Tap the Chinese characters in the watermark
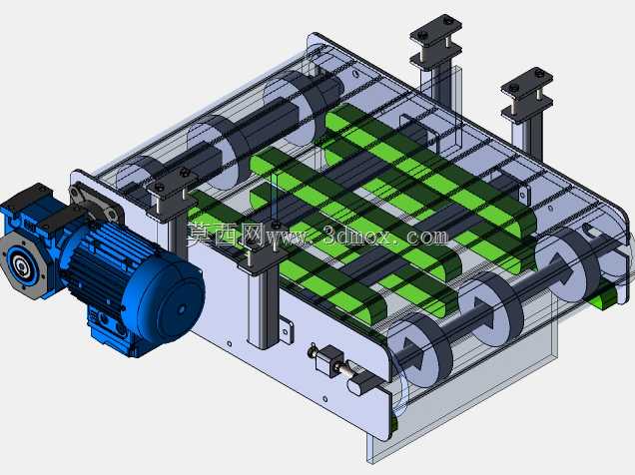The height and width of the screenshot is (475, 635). click(226, 235)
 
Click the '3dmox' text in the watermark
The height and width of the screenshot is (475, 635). click(357, 237)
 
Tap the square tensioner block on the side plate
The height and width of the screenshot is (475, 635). click(329, 360)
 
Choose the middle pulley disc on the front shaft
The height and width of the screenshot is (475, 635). click(491, 309)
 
